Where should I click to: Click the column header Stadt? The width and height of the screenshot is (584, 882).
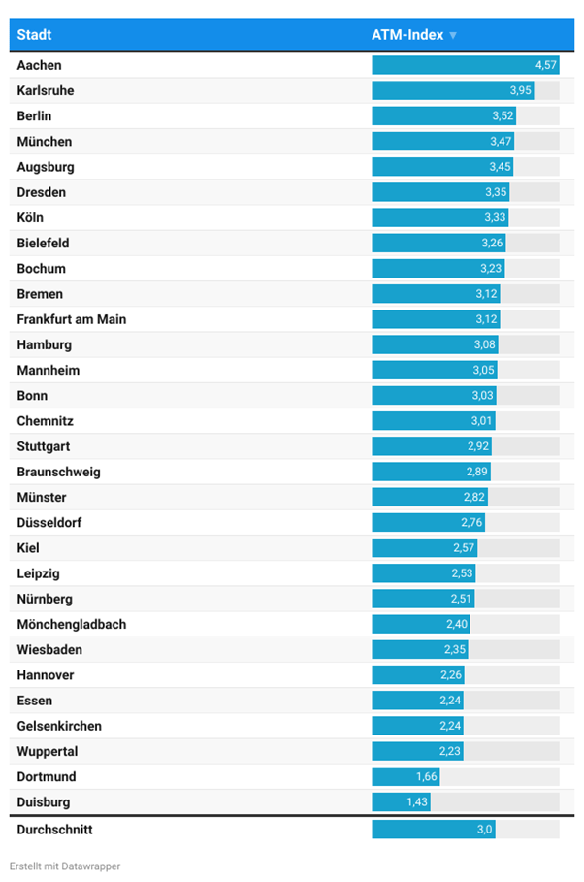pyautogui.click(x=34, y=35)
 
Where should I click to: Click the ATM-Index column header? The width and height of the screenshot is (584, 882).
pyautogui.click(x=407, y=35)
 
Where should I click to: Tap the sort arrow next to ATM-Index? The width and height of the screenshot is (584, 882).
pyautogui.click(x=453, y=36)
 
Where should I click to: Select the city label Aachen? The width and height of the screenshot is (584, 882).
pyautogui.click(x=39, y=65)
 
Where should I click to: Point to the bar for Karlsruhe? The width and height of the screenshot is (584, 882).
pyautogui.click(x=452, y=90)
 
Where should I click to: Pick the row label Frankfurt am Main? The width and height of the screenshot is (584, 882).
pyautogui.click(x=71, y=319)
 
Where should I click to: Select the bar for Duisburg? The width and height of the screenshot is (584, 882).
pyautogui.click(x=401, y=802)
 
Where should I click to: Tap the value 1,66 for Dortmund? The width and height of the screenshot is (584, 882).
pyautogui.click(x=427, y=777)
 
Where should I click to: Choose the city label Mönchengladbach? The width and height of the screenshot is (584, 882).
pyautogui.click(x=71, y=624)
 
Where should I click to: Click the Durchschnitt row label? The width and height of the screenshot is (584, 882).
pyautogui.click(x=54, y=830)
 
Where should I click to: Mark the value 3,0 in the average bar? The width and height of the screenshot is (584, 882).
pyautogui.click(x=482, y=830)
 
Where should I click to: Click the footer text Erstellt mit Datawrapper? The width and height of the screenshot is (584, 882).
pyautogui.click(x=65, y=866)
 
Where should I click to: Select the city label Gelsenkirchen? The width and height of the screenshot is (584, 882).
pyautogui.click(x=59, y=726)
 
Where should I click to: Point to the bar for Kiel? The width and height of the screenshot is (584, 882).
pyautogui.click(x=424, y=548)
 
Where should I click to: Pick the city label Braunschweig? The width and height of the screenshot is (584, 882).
pyautogui.click(x=58, y=472)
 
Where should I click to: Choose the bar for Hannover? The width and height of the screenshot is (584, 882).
pyautogui.click(x=418, y=675)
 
